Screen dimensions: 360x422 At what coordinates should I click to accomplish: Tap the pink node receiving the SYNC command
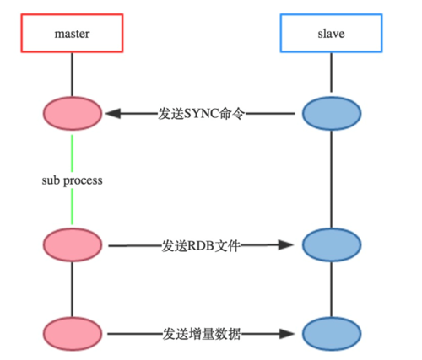72,113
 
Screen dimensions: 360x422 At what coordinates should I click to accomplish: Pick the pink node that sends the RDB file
72,245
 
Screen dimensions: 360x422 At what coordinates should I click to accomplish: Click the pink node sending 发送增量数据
72,330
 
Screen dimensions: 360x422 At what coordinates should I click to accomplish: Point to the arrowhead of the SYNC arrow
111,113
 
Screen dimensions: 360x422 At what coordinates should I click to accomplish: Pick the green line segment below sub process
72,208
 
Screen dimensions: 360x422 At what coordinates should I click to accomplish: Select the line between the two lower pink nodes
72,287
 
